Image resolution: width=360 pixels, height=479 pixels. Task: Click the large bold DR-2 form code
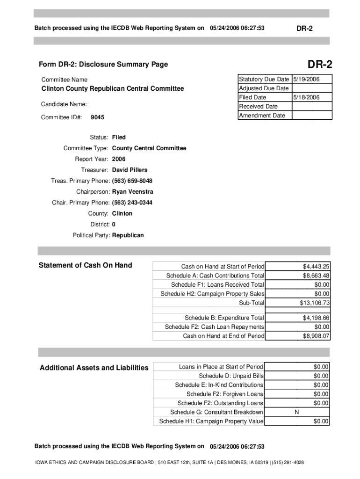(x=320, y=64)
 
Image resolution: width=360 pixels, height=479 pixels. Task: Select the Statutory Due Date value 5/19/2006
(x=306, y=80)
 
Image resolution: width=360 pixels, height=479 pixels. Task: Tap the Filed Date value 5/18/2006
(x=306, y=97)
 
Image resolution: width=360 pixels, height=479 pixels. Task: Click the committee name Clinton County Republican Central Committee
(x=113, y=88)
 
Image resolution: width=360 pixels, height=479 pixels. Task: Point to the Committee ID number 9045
(x=97, y=117)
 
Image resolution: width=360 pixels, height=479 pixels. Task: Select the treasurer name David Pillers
(x=130, y=170)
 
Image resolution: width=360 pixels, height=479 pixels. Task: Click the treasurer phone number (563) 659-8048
(x=132, y=181)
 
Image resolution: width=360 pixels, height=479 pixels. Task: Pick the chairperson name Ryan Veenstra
(x=132, y=192)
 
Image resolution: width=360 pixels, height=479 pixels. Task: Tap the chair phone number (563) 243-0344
(x=132, y=203)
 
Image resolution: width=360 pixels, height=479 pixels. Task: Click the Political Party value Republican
(x=128, y=235)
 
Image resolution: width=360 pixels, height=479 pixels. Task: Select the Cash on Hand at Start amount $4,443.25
(x=316, y=267)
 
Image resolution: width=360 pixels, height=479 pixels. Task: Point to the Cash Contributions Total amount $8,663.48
(x=316, y=276)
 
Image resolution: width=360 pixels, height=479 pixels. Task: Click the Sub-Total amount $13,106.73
(x=315, y=303)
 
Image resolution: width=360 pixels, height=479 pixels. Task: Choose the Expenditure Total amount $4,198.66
(x=316, y=318)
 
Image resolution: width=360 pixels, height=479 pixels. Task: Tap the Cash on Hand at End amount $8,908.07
(x=316, y=336)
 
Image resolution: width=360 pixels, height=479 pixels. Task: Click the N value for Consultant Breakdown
(x=296, y=412)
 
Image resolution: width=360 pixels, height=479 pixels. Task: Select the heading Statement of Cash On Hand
(x=85, y=265)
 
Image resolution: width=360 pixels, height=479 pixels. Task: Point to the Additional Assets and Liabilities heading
(x=94, y=368)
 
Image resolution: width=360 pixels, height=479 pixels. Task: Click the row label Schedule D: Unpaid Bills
(x=231, y=376)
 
